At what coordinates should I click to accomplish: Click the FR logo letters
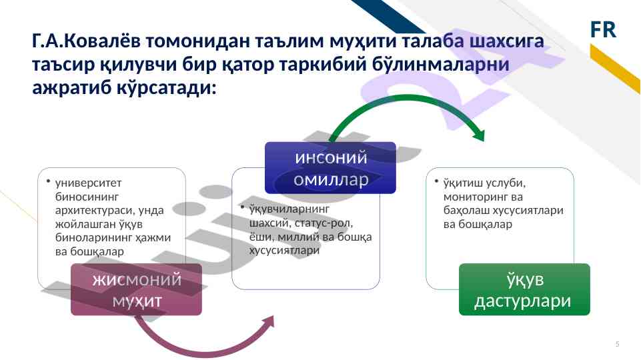pyautogui.click(x=603, y=29)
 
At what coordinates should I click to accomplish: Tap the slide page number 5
pyautogui.click(x=617, y=344)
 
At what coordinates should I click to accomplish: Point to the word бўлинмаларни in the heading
pyautogui.click(x=441, y=64)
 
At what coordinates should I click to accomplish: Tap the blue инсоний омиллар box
pyautogui.click(x=330, y=167)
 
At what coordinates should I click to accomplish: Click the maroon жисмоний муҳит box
pyautogui.click(x=136, y=289)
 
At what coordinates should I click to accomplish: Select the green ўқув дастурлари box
pyautogui.click(x=524, y=289)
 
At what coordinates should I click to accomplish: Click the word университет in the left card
pyautogui.click(x=88, y=183)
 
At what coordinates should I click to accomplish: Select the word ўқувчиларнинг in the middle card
pyautogui.click(x=289, y=209)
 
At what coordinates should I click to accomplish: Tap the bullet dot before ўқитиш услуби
pyautogui.click(x=437, y=180)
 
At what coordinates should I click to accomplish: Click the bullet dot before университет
pyautogui.click(x=48, y=180)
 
